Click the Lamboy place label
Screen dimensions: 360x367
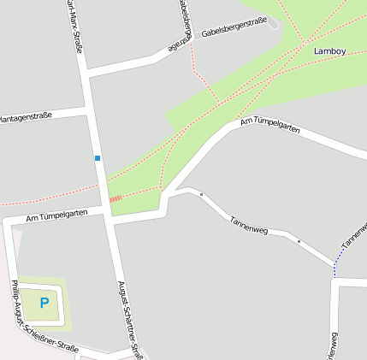tap(329, 50)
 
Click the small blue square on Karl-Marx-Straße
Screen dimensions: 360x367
tap(98, 158)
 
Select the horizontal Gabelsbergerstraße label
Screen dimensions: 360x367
tap(234, 28)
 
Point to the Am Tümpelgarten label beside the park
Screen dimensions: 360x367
tap(270, 125)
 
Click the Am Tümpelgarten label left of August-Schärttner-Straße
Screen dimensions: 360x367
tap(57, 215)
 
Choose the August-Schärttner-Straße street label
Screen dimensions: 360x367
tap(133, 321)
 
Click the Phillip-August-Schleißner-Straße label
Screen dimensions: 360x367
tap(44, 317)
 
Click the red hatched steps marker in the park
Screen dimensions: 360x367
tap(115, 198)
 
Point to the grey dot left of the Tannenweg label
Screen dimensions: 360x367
tap(201, 195)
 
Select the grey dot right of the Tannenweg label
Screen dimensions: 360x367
tap(299, 242)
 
